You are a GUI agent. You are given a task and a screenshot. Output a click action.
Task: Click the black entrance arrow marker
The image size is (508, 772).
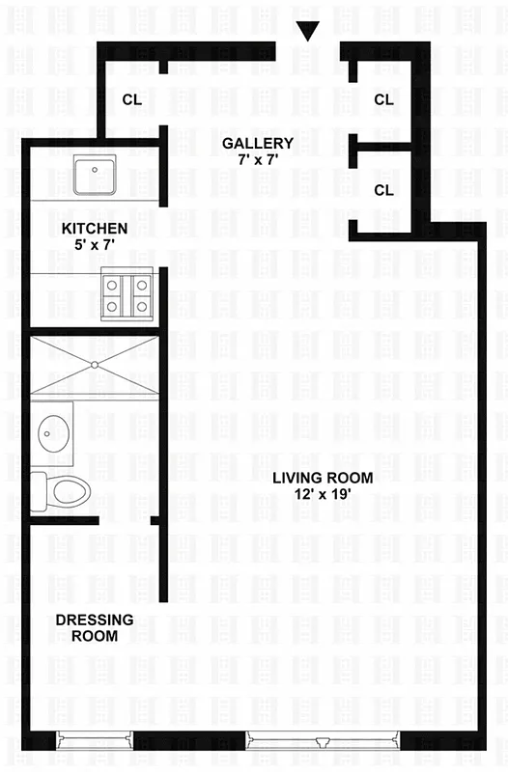coord(308,32)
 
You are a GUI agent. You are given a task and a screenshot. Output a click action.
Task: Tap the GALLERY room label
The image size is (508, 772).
coord(258,143)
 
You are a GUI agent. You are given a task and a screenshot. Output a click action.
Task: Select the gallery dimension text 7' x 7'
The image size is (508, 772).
coord(258,159)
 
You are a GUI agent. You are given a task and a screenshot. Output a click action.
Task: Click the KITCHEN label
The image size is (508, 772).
coord(95,229)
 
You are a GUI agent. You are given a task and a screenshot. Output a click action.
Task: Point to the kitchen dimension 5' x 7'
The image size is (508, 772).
coord(95,245)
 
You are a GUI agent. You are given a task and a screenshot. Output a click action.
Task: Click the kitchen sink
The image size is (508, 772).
coord(95,176)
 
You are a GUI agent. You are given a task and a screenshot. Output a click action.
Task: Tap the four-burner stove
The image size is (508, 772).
coord(128,296)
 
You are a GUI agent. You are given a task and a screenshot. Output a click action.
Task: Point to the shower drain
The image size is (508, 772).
coord(95,365)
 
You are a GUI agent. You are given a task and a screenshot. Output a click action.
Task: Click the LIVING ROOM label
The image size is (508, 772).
coord(322,477)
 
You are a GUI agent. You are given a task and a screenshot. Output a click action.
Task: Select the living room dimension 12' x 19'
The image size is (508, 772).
coord(322,493)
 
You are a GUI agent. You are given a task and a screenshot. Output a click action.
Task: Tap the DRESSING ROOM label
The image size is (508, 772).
coord(95,627)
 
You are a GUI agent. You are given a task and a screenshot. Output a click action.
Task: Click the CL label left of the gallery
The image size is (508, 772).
coord(132,98)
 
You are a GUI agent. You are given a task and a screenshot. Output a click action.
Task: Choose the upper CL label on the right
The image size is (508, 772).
coord(383,98)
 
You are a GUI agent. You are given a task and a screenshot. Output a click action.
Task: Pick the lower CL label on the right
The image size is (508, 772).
coord(383,190)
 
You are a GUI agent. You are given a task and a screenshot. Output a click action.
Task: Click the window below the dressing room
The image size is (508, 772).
coord(94,740)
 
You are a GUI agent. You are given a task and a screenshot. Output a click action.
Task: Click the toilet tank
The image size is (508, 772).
coord(38,491)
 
